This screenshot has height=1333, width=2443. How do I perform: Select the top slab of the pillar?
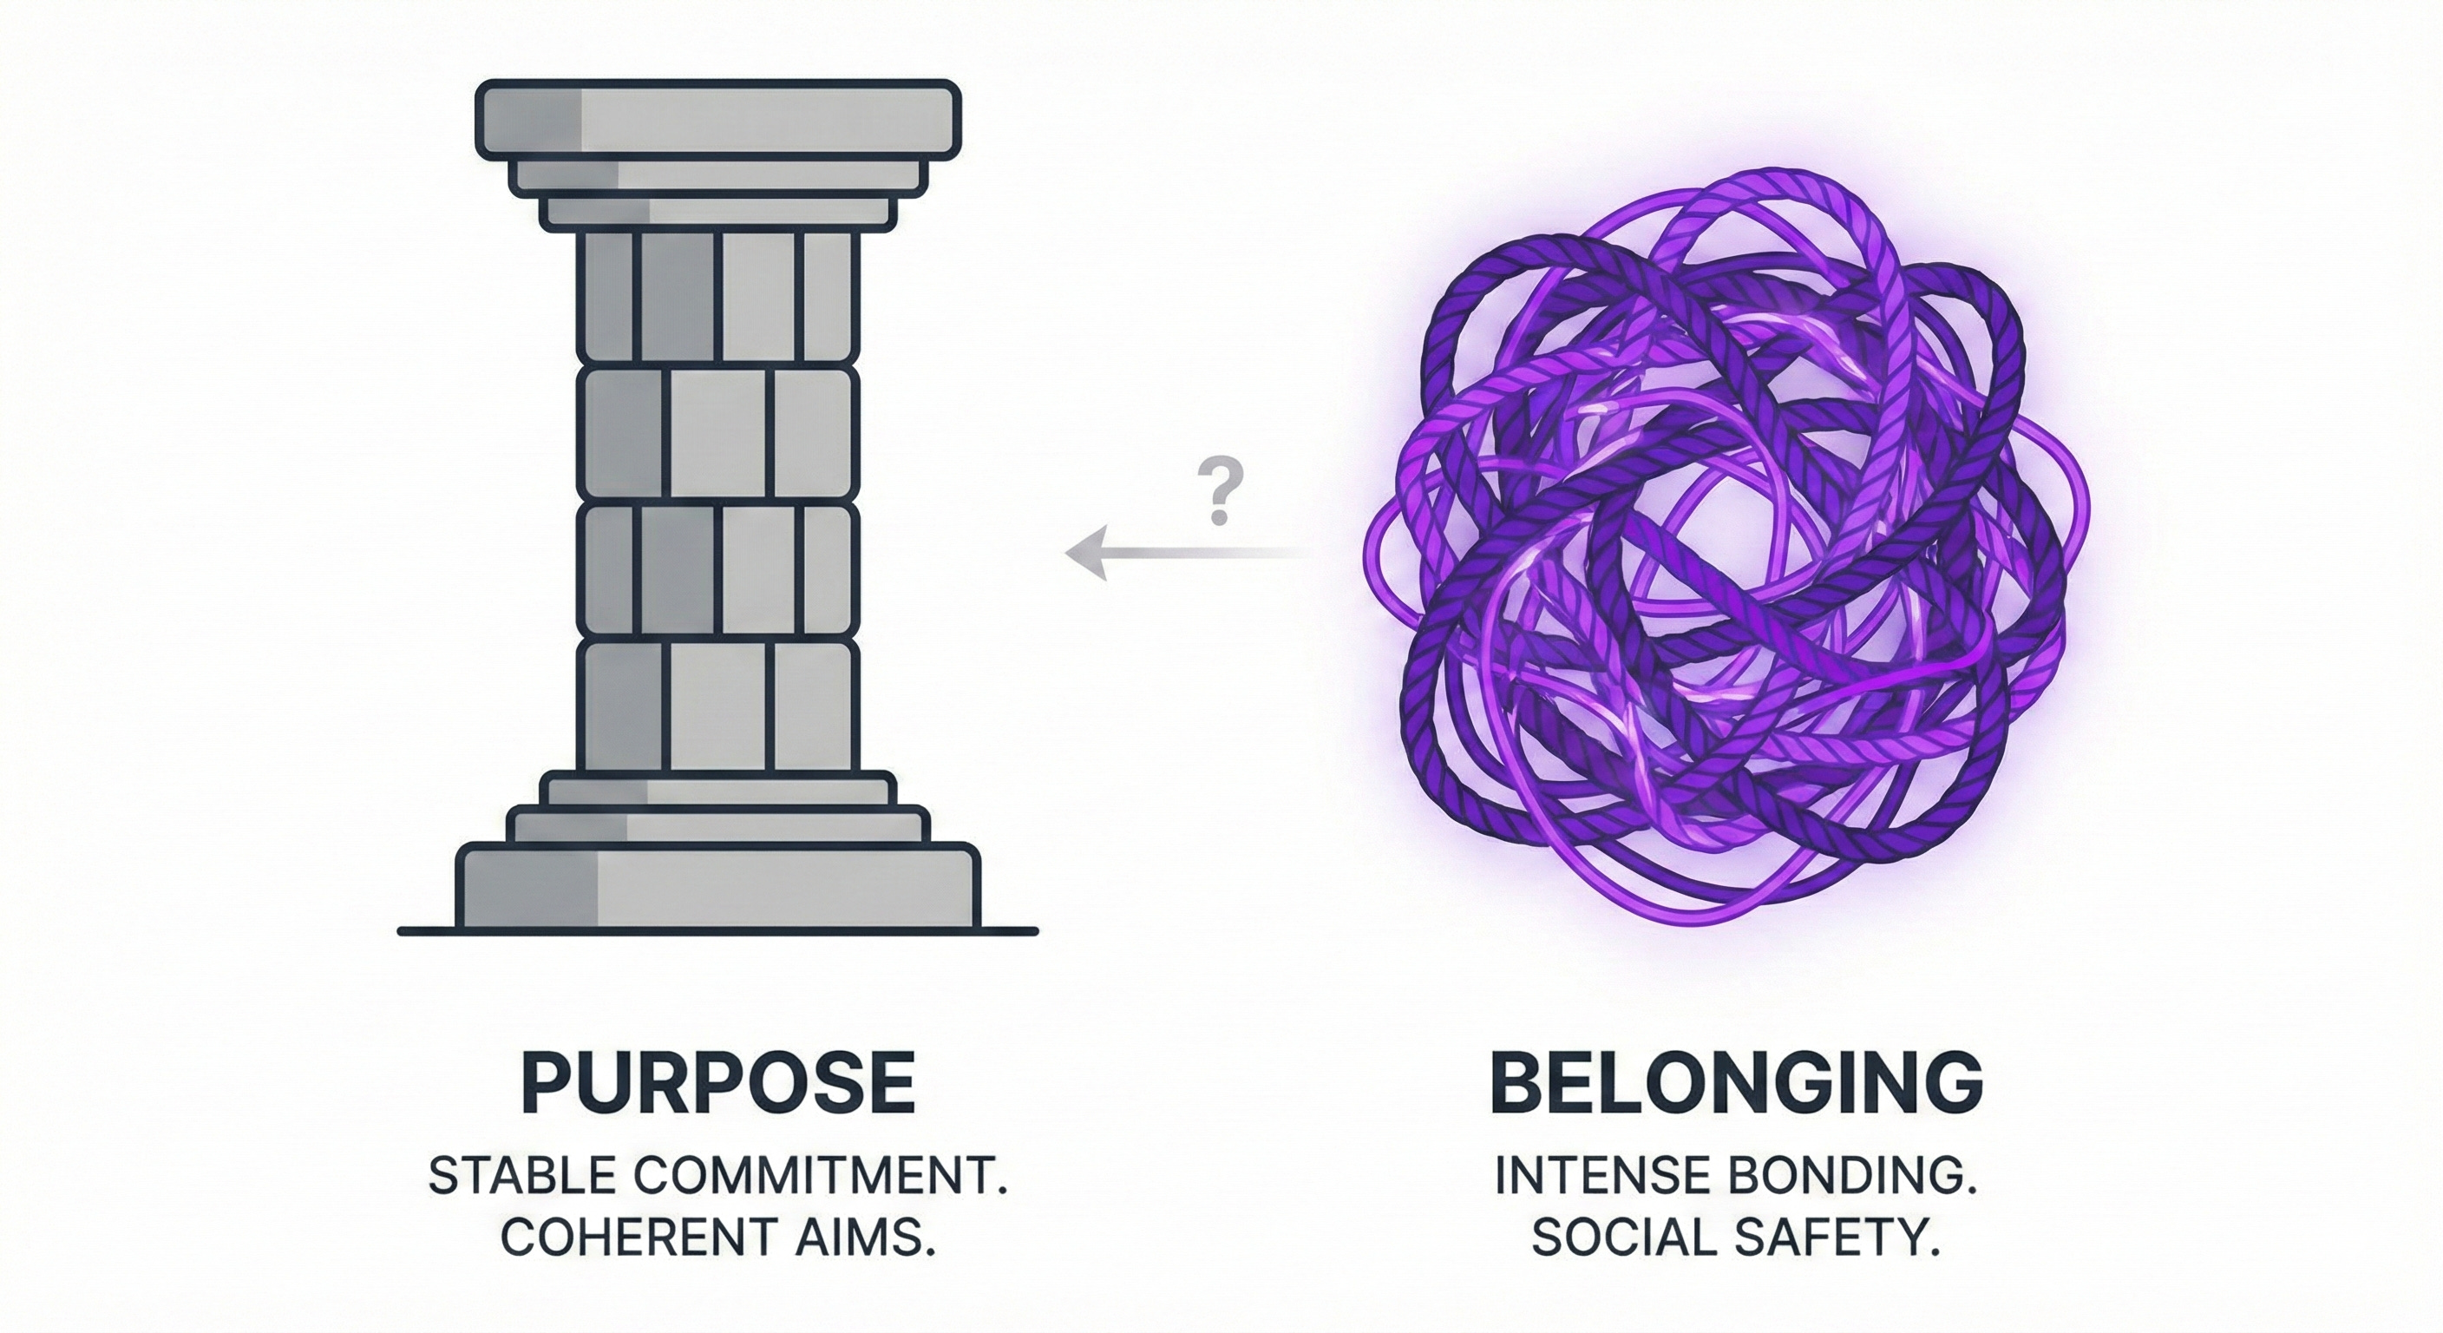718,118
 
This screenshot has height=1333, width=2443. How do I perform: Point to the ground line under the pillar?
718,933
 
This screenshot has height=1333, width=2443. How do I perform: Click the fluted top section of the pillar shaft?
718,294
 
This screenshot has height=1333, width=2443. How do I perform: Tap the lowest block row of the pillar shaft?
718,705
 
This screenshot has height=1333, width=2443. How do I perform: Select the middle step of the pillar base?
718,824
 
